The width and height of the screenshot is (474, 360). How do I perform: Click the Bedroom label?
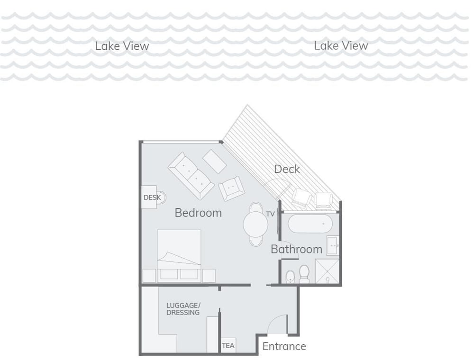[198, 213]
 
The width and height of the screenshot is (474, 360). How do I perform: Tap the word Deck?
[287, 169]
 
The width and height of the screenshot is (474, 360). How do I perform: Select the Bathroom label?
[297, 249]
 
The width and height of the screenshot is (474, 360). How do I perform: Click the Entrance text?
[284, 346]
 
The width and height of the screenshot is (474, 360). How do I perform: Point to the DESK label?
[152, 198]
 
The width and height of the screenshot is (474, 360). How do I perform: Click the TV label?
[270, 214]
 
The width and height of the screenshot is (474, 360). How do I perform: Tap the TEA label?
[228, 345]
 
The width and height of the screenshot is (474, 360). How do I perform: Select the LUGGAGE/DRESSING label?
[183, 309]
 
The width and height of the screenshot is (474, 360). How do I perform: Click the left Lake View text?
[122, 46]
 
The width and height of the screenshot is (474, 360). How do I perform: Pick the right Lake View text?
[341, 45]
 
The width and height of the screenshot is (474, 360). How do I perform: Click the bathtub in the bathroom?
[310, 224]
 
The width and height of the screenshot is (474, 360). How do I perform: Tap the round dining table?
[255, 224]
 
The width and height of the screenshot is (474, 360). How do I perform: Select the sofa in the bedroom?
[191, 176]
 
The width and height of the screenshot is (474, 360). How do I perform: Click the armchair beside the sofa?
[231, 189]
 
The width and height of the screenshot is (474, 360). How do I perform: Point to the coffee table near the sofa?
[215, 161]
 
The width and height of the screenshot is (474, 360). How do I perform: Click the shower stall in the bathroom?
[328, 271]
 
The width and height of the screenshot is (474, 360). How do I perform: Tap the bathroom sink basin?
[332, 246]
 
